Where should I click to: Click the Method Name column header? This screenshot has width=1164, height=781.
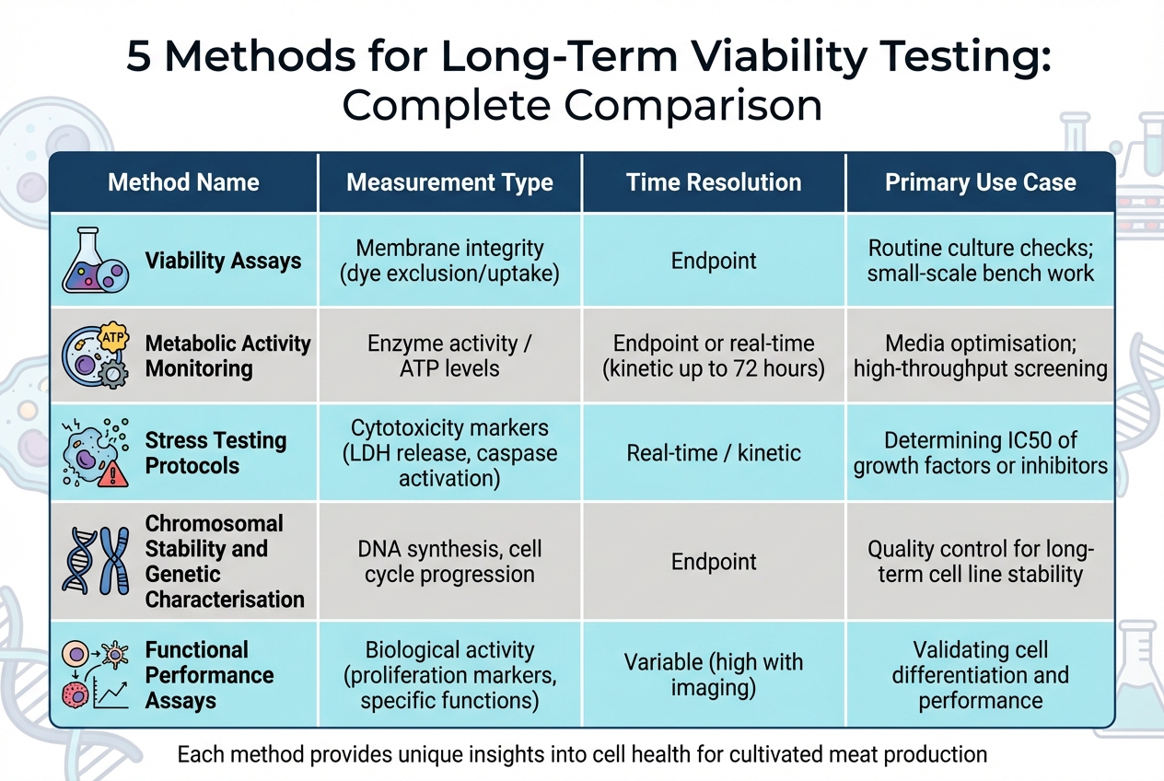pyautogui.click(x=183, y=182)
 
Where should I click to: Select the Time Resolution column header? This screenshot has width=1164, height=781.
pyautogui.click(x=714, y=182)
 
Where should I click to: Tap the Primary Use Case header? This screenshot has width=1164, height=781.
pyautogui.click(x=980, y=182)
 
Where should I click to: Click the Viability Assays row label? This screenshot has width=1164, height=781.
pyautogui.click(x=223, y=261)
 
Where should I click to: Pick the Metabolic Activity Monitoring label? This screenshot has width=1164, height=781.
pyautogui.click(x=227, y=356)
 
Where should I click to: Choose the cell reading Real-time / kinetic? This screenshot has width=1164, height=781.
pyautogui.click(x=714, y=453)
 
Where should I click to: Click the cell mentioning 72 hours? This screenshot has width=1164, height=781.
pyautogui.click(x=714, y=356)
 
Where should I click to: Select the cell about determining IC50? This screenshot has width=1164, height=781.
pyautogui.click(x=980, y=453)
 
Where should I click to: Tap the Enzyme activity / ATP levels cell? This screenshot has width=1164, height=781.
pyautogui.click(x=449, y=356)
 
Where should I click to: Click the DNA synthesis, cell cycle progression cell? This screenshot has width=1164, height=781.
pyautogui.click(x=449, y=562)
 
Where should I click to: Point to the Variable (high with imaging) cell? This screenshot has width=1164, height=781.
pyautogui.click(x=714, y=675)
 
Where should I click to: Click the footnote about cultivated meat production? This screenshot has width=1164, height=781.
pyautogui.click(x=581, y=755)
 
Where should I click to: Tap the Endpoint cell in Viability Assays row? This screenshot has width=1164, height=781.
pyautogui.click(x=714, y=261)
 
